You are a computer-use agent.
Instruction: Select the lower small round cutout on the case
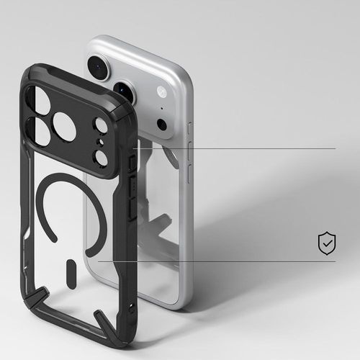tap(101, 157)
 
